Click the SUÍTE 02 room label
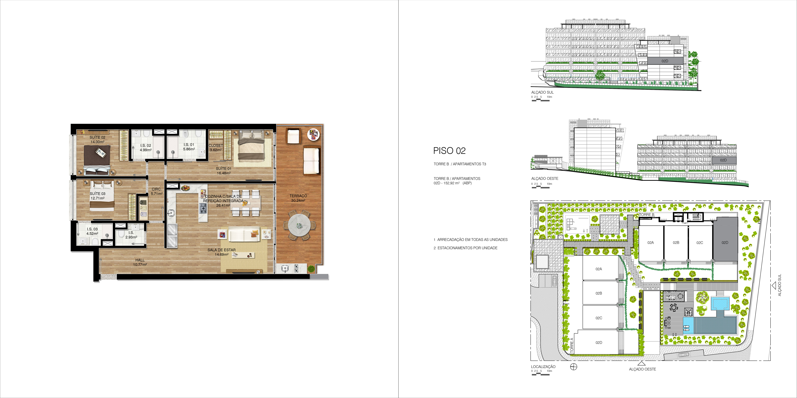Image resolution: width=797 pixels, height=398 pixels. [x=98, y=137]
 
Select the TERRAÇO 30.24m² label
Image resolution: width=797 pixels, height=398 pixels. [x=298, y=198]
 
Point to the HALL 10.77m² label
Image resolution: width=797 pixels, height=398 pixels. [x=140, y=262]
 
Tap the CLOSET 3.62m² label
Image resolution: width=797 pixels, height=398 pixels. [x=216, y=148]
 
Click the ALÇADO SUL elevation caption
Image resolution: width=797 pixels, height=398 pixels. [x=542, y=92]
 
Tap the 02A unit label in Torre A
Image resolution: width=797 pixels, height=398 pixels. [x=599, y=269]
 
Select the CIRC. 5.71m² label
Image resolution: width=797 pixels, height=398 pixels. [x=157, y=191]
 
